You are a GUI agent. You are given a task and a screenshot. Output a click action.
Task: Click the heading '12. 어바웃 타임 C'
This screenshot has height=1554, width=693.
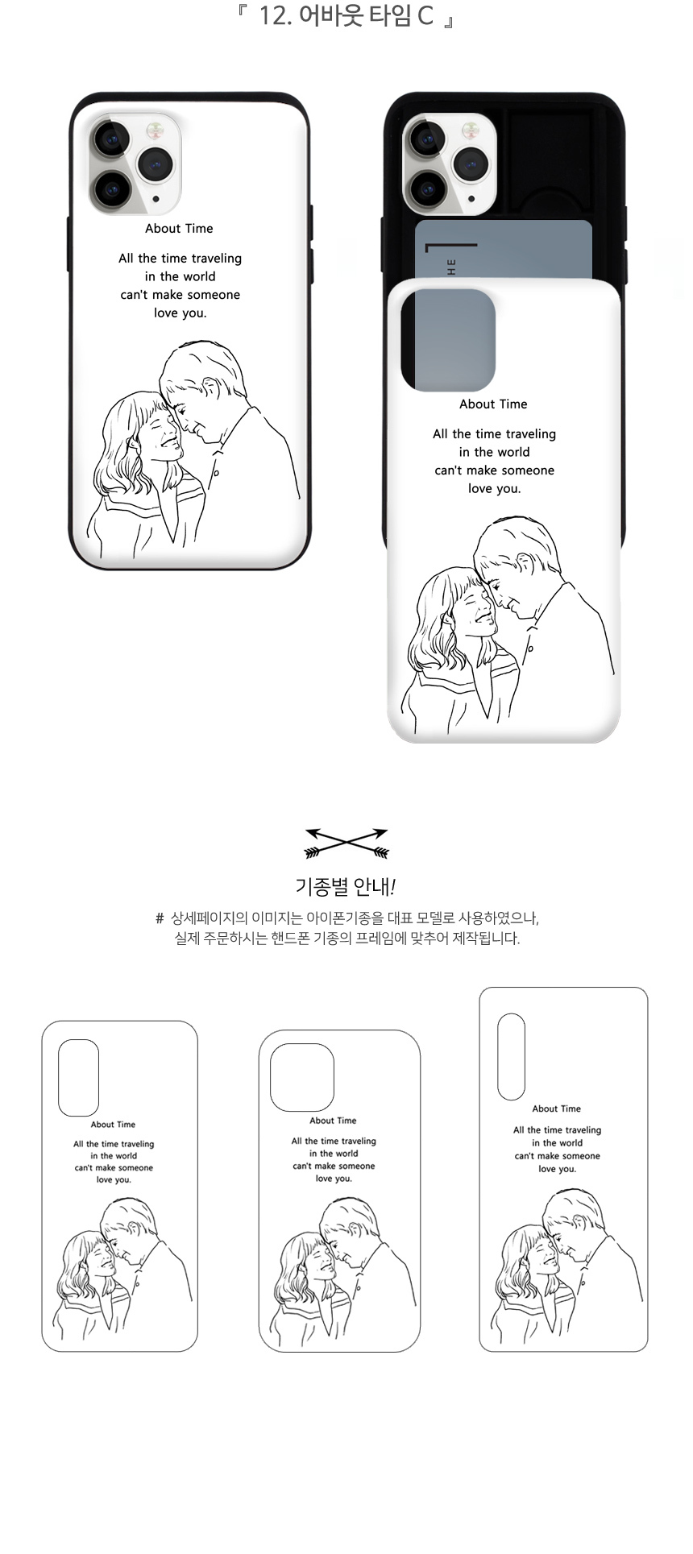(346, 15)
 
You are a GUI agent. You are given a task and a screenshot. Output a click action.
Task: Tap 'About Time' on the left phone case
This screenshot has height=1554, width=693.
(179, 229)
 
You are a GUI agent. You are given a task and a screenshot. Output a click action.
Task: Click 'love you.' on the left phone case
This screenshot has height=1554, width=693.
(181, 313)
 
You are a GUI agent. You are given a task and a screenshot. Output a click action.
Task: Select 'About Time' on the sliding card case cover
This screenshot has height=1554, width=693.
(493, 404)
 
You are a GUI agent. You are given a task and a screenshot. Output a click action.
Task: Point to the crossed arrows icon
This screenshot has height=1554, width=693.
(346, 843)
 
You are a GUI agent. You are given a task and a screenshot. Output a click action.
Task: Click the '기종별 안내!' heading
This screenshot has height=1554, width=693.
(346, 887)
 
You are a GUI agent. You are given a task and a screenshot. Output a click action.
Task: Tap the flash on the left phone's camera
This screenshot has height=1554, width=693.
(153, 130)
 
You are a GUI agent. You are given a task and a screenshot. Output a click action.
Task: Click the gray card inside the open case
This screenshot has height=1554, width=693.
(504, 250)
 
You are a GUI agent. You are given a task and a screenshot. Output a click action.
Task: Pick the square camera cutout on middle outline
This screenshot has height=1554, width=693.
(302, 1077)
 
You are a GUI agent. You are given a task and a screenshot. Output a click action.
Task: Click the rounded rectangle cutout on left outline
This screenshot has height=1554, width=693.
(78, 1077)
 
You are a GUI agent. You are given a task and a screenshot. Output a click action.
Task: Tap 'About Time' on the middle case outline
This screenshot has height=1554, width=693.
(333, 1121)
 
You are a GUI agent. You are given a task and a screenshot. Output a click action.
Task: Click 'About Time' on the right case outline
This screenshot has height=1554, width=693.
(556, 1109)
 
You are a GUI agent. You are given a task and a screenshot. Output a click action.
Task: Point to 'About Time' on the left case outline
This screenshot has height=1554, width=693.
(113, 1125)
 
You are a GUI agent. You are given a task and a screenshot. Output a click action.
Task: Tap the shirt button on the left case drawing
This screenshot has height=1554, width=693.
(215, 474)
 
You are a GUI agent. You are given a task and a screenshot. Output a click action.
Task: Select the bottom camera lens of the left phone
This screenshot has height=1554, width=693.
(111, 190)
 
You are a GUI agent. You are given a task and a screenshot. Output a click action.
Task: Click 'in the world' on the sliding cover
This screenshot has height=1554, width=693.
(494, 452)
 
